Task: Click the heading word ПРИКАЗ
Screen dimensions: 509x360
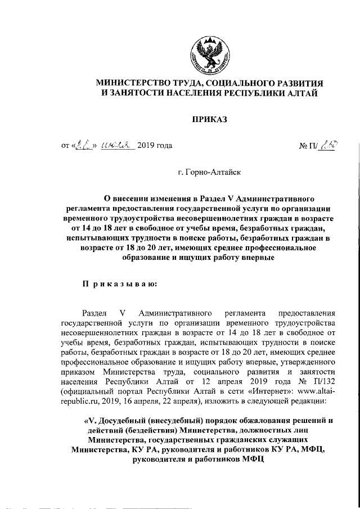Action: point(209,118)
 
